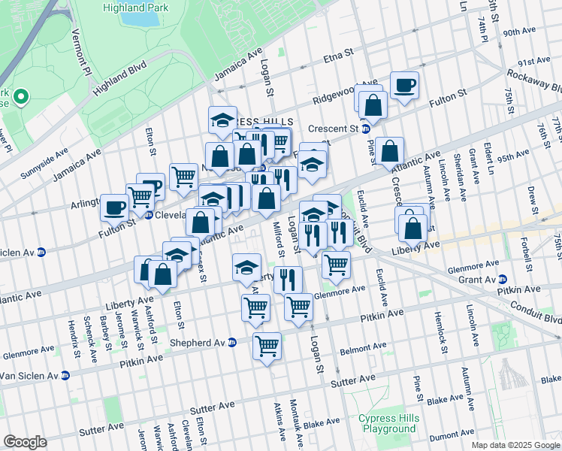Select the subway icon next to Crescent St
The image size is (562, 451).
pos(366,129)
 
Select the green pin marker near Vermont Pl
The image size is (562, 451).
pos(21,96)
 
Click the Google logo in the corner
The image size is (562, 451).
pos(25,442)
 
